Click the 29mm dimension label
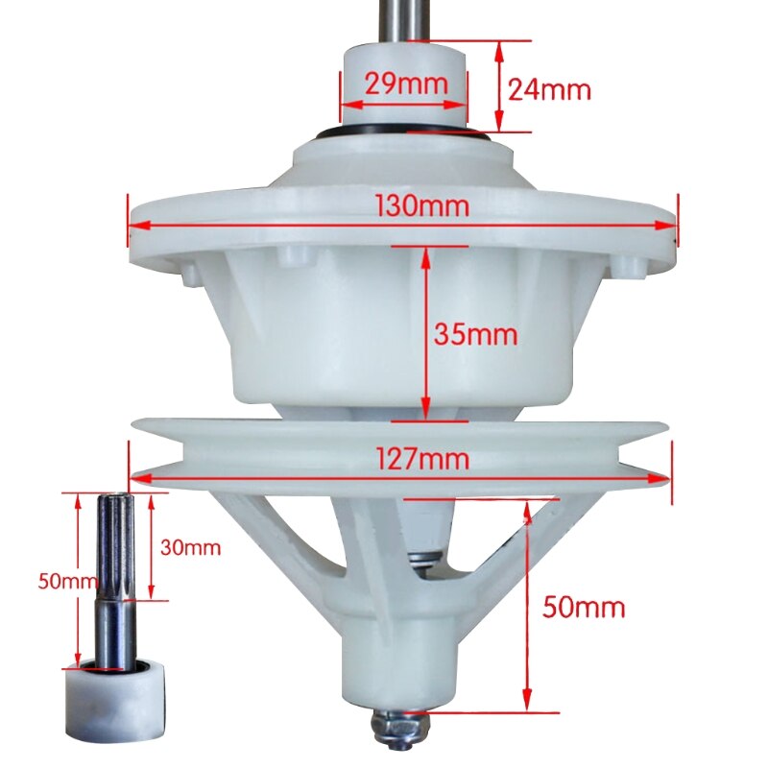(404, 84)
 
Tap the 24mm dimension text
(548, 89)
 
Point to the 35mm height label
(475, 335)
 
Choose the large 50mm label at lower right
(584, 607)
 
